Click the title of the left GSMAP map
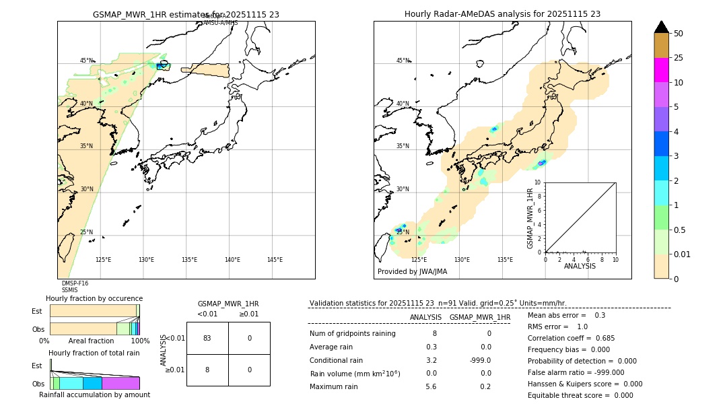pyautogui.click(x=186, y=14)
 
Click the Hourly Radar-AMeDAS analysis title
pyautogui.click(x=502, y=14)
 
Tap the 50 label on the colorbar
pyautogui.click(x=679, y=34)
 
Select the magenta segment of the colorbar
pyautogui.click(x=662, y=70)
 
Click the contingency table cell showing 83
pyautogui.click(x=207, y=338)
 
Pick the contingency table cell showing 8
pyautogui.click(x=207, y=370)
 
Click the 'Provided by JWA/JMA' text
pyautogui.click(x=412, y=271)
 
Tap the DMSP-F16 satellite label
pyautogui.click(x=75, y=283)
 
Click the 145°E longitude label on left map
pyautogui.click(x=275, y=260)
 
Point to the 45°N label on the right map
pyautogui.click(x=403, y=61)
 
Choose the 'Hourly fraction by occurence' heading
pyautogui.click(x=94, y=298)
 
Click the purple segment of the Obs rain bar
pyautogui.click(x=120, y=383)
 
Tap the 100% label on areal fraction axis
pyautogui.click(x=140, y=341)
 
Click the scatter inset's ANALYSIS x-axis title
pyautogui.click(x=580, y=266)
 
